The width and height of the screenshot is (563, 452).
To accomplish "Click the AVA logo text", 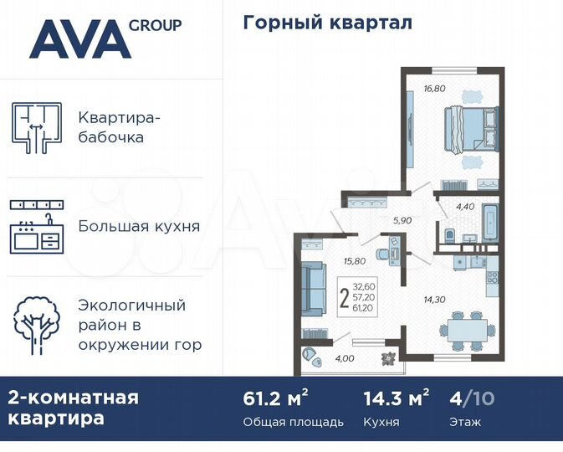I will click(79, 39).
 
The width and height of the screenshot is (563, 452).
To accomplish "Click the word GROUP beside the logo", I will click(155, 25).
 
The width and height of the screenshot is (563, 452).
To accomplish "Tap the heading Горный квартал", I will click(327, 23).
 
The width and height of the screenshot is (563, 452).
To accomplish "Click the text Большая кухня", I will click(139, 226).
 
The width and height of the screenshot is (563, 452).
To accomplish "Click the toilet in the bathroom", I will click(450, 234).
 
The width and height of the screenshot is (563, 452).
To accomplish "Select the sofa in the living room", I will click(311, 287).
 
